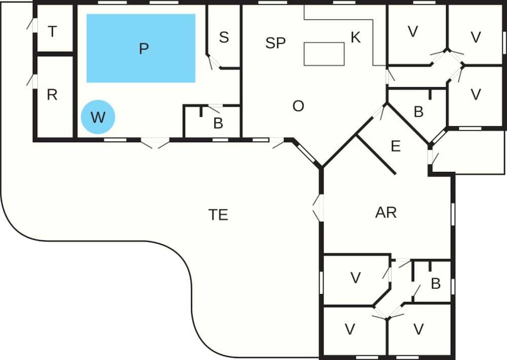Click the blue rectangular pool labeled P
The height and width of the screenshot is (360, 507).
[x=141, y=48]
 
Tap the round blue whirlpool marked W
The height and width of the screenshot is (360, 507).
[x=98, y=117]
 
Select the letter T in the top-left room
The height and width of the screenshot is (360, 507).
[x=52, y=32]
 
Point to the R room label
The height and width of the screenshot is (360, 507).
[x=52, y=95]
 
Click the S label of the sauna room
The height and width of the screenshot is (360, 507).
[x=224, y=37]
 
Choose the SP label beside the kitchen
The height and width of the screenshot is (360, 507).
[x=275, y=43]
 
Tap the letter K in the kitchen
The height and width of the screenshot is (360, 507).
[x=355, y=37]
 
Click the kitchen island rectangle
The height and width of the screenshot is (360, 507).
[x=324, y=53]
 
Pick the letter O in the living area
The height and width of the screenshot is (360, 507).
[x=298, y=106]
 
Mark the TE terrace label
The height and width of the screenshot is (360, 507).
[x=218, y=214]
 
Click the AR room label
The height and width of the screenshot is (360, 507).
[x=385, y=212]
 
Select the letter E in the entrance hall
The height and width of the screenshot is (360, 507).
[x=396, y=147]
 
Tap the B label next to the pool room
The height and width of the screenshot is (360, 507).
[x=218, y=123]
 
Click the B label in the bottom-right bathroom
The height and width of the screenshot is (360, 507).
[x=436, y=284]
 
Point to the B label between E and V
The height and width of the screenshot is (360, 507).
[x=418, y=112]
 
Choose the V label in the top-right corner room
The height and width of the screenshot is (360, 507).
[x=476, y=37]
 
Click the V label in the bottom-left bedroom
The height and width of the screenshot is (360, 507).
[x=350, y=330]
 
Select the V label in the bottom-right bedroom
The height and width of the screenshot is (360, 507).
[x=418, y=330]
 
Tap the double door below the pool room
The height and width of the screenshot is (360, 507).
[x=155, y=143]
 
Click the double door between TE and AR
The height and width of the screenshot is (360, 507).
[x=318, y=208]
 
